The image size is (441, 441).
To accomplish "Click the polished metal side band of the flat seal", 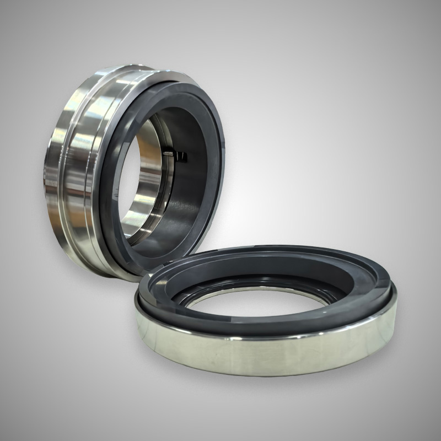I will tap(265, 353).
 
